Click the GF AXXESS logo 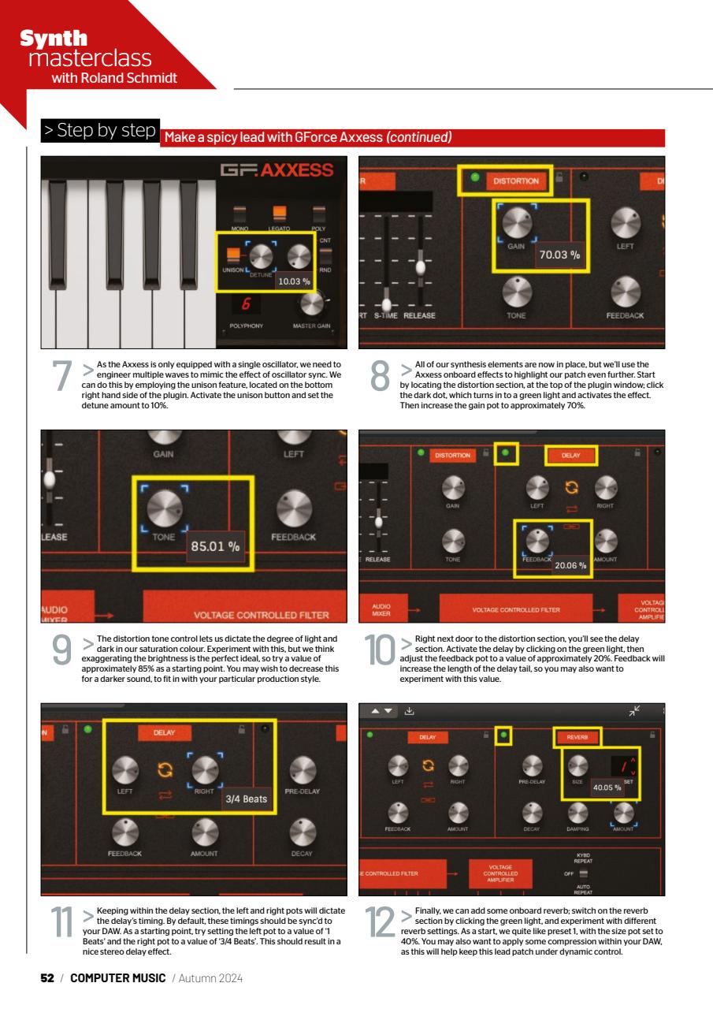275,171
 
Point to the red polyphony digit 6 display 235,305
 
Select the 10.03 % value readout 295,282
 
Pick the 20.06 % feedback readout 570,565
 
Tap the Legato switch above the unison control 278,214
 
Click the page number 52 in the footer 47,978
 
